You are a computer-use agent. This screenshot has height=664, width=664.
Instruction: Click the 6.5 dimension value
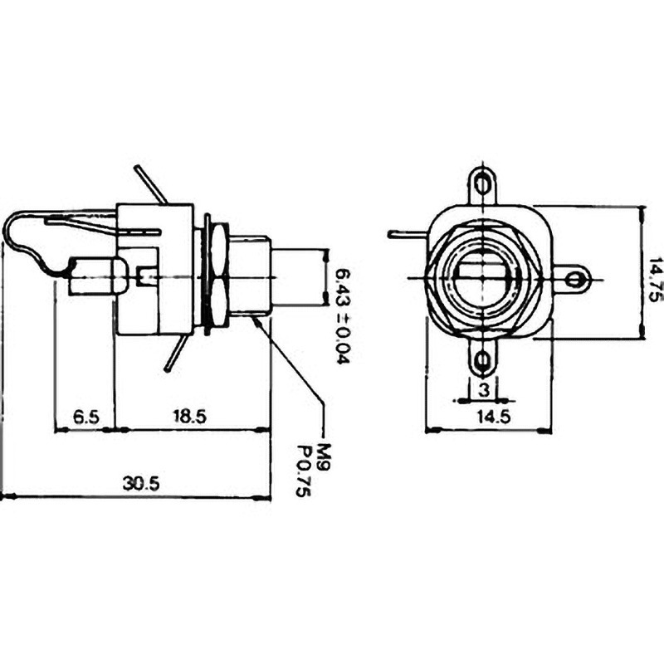point(86,417)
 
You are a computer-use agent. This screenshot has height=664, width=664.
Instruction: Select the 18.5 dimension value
point(189,417)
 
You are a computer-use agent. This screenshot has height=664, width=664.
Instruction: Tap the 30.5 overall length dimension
point(141,483)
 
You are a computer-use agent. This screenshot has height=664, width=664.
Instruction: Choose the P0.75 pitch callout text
point(304,470)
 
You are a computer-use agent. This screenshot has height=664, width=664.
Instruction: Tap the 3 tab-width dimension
point(484,389)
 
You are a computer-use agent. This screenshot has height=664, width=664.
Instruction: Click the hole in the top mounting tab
point(482,184)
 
